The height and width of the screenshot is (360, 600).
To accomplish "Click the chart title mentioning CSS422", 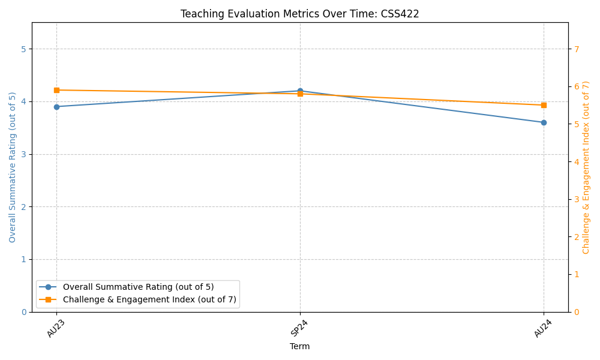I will pos(300,14).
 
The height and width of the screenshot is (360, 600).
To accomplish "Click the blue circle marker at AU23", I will pos(56,107).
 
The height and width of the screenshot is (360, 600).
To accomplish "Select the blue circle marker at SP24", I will pos(300,91).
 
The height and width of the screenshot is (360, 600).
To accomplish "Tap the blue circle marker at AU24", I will pos(544,122).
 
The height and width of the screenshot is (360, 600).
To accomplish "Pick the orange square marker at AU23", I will pos(56,90).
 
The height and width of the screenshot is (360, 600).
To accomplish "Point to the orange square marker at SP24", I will pos(300,94).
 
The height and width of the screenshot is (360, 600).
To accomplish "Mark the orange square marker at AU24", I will pos(544,105).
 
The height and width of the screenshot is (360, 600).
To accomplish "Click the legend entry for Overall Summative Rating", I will pos(138,287).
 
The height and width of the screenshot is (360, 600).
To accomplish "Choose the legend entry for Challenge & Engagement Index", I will pos(149,299).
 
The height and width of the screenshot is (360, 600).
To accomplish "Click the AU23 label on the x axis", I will pos(56,328).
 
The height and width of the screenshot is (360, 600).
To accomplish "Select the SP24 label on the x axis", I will pos(299,328).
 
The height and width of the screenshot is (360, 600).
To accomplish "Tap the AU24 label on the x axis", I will pos(542,328).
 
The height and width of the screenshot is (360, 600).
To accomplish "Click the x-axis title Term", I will pos(300,346).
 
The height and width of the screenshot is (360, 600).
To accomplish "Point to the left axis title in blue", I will pos(13,167).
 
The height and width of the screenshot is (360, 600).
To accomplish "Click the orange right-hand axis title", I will pos(586,167).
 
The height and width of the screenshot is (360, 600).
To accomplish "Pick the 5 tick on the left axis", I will pos(23,49).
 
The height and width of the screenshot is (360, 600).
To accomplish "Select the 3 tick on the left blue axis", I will pos(23,154).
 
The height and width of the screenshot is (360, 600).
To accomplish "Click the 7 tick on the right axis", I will pos(576,49).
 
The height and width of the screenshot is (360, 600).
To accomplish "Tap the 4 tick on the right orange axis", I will pos(576,162).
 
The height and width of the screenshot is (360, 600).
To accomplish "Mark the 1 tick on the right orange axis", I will pos(576,274).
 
